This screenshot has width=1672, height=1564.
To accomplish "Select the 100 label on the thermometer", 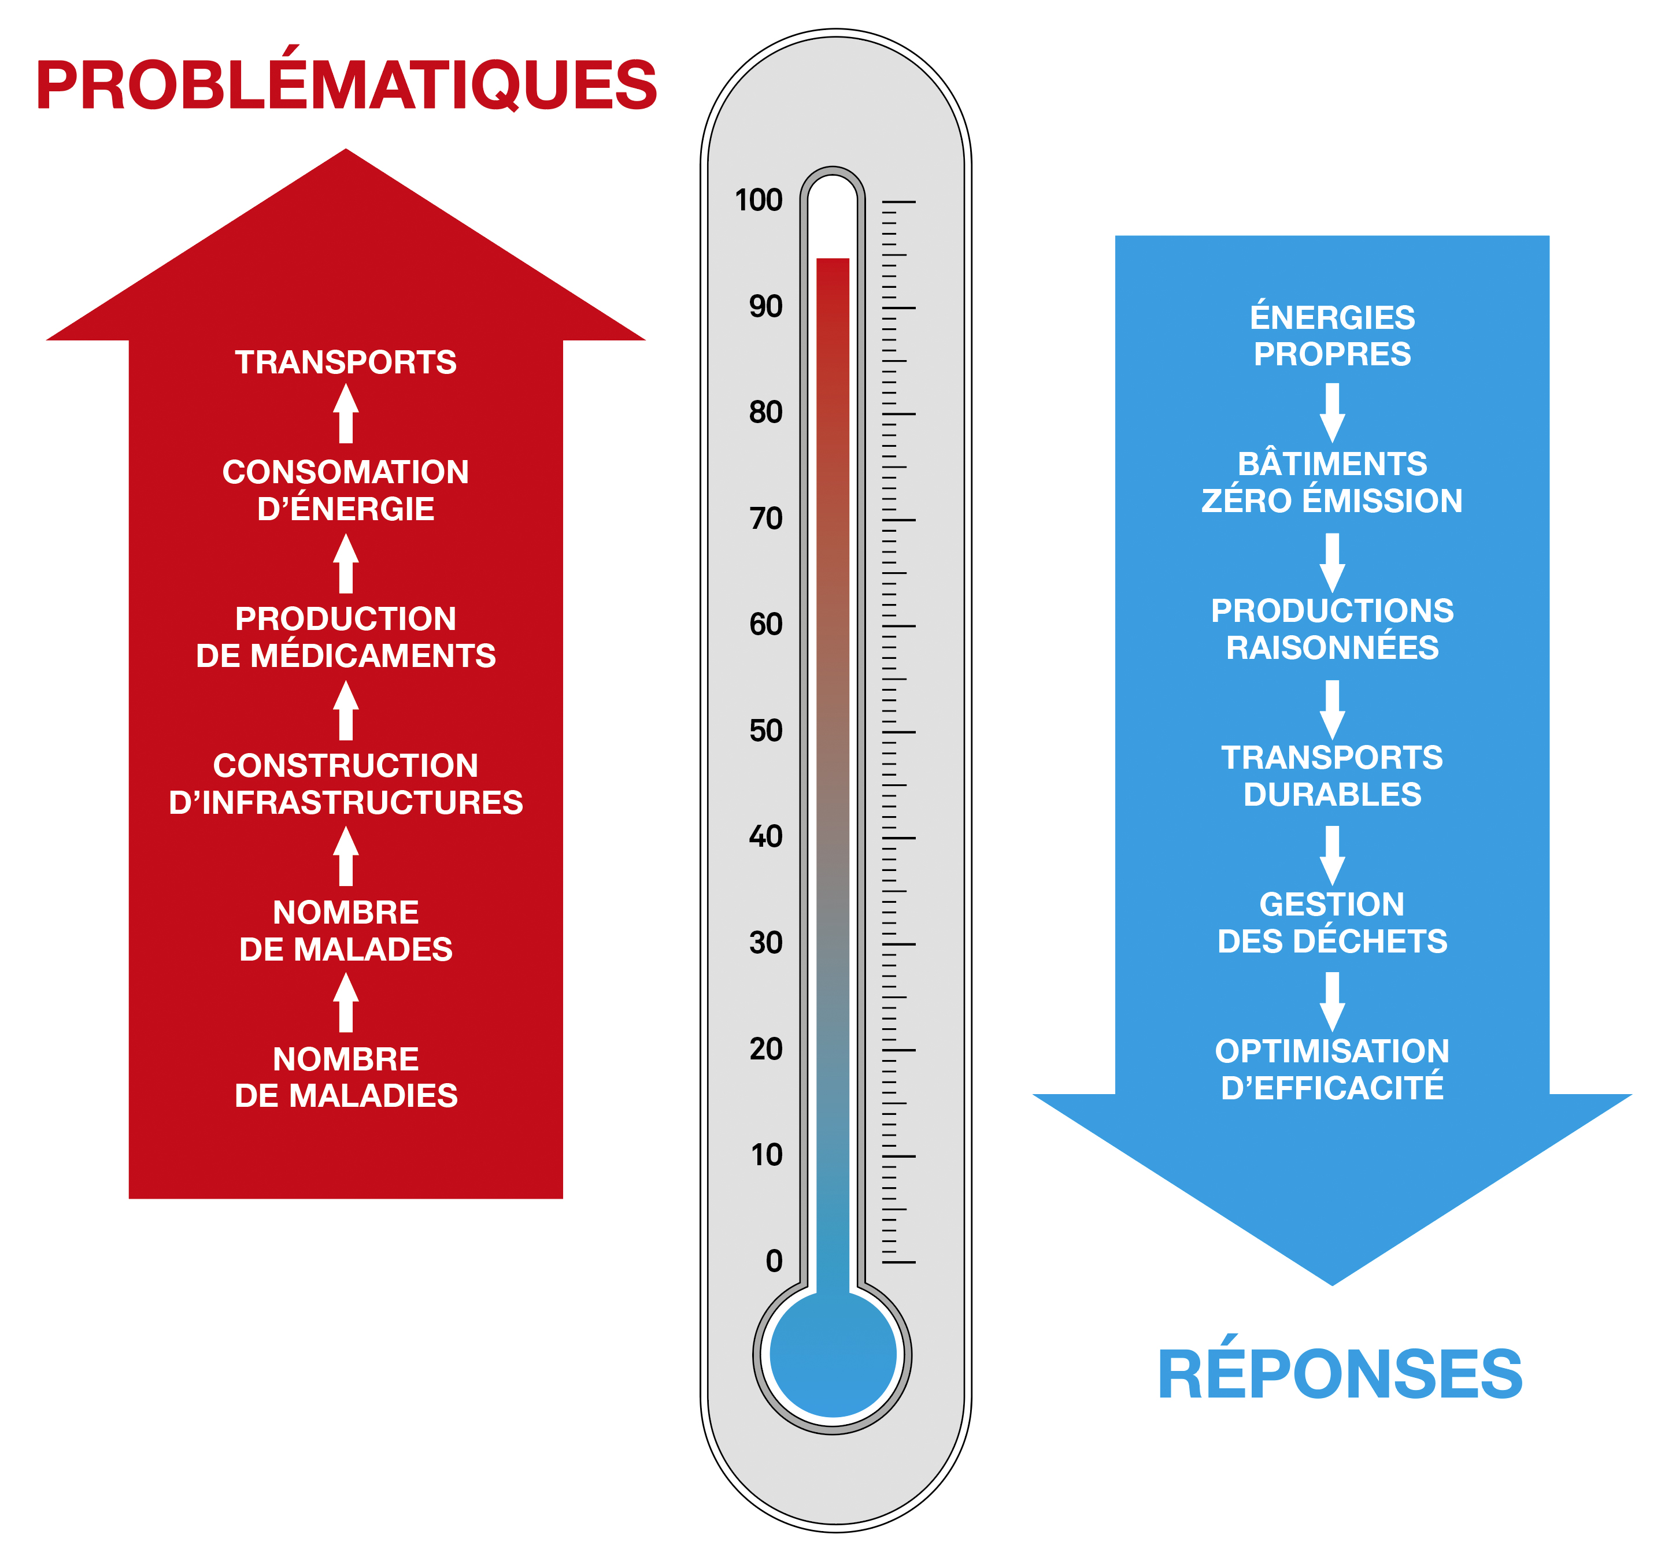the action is pos(759,200).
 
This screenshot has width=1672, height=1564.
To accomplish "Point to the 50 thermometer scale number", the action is pos(765,730).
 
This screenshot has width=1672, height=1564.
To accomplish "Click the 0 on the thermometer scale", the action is pos(774,1261).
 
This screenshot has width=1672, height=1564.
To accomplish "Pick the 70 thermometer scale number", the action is pos(765,518).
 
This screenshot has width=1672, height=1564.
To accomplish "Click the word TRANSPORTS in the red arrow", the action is pos(346,362).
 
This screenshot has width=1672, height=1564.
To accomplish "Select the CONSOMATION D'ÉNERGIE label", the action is pos(346,490).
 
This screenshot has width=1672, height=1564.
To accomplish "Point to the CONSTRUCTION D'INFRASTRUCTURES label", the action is pos(346,784).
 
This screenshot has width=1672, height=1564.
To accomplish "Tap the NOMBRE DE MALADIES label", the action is pos(346,1077).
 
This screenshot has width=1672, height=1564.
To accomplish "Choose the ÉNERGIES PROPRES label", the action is pos(1332,335).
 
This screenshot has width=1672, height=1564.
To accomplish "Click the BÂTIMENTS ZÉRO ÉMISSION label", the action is pos(1332,482).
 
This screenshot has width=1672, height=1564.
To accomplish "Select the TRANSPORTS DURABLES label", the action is pos(1332,775).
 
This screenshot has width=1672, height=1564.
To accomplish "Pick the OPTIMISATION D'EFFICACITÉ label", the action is pos(1332,1069).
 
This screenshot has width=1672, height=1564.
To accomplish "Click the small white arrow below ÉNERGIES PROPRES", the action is pos(1332,412).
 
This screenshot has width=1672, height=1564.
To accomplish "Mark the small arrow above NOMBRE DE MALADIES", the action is pos(346,1002).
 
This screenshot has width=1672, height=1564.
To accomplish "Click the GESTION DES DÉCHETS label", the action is pos(1332,922).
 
